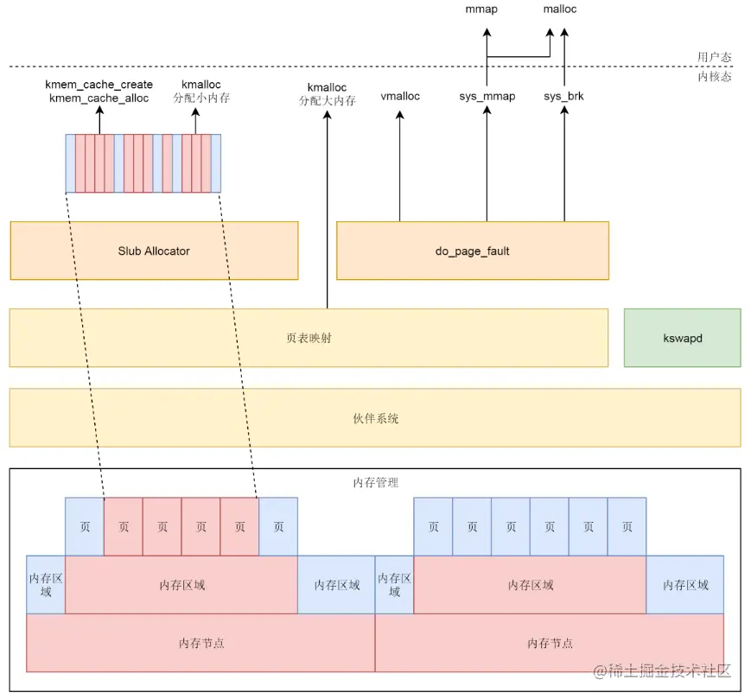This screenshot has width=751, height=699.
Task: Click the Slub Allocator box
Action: click(154, 251)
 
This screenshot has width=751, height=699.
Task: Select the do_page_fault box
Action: click(472, 251)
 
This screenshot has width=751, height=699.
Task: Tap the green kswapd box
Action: click(682, 338)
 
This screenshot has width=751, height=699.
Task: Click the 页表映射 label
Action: click(309, 338)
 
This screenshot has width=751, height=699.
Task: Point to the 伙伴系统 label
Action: click(375, 418)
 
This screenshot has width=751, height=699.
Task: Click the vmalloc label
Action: click(400, 96)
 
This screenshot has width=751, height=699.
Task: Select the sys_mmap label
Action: click(487, 96)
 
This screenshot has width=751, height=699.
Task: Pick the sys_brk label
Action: click(563, 96)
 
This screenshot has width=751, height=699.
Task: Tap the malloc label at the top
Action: click(560, 10)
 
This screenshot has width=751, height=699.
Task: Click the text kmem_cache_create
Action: click(99, 85)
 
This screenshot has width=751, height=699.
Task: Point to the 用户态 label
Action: click(715, 57)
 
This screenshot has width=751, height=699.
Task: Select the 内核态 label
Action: click(715, 77)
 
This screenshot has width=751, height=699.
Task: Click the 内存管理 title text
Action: click(376, 482)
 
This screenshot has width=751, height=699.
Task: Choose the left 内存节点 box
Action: click(201, 644)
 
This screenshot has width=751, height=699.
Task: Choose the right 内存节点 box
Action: click(550, 644)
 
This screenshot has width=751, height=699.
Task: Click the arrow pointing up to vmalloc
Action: click(399, 164)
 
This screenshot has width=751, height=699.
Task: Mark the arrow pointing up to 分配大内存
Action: click(328, 207)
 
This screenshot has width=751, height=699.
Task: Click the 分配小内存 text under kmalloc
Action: click(201, 98)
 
